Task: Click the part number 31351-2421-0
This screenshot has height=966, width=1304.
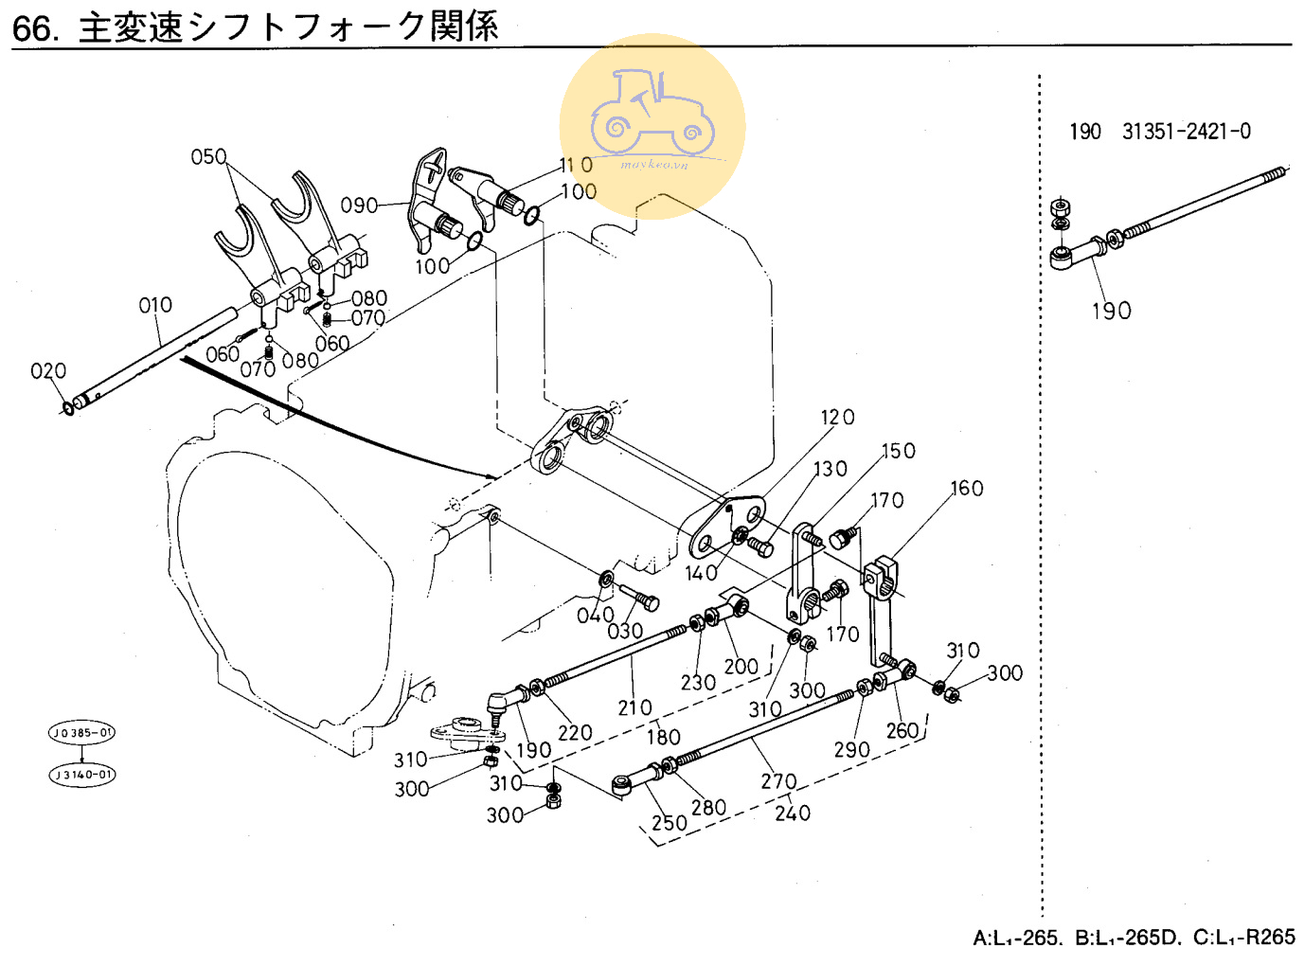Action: coord(1186,132)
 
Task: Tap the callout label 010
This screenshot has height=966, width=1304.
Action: coord(155,305)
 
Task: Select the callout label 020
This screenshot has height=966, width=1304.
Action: coord(48,370)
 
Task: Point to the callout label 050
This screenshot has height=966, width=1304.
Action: coord(208,156)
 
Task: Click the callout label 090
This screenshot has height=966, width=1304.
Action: coord(359,206)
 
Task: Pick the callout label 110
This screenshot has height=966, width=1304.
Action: coord(576,165)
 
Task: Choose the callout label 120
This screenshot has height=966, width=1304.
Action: coord(837,418)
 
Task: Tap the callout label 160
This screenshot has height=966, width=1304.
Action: coord(967,488)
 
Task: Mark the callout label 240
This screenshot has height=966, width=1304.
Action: coord(793,813)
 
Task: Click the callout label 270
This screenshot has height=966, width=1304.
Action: coord(778,781)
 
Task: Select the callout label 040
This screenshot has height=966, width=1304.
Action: coord(596,616)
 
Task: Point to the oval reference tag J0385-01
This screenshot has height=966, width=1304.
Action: coord(82,732)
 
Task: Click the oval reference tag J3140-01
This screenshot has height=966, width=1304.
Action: coord(82,775)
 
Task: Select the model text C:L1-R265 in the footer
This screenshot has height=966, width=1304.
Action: coord(1243,938)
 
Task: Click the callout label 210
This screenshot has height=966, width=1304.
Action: coord(634,707)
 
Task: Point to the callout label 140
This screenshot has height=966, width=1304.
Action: coord(702,573)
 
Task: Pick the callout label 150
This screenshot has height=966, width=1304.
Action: coord(899,451)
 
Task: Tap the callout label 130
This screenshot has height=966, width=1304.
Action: coord(831,469)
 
